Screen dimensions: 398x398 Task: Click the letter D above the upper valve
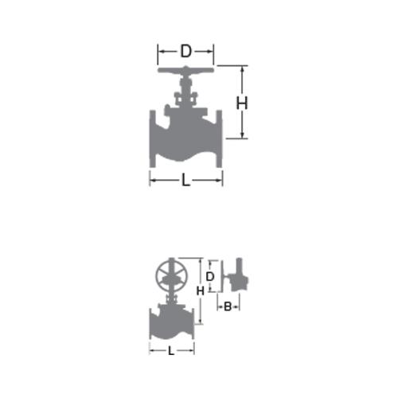[185, 51]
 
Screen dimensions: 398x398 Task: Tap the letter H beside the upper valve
[242, 103]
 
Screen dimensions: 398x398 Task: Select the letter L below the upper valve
[185, 181]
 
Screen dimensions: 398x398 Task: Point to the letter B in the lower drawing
[228, 306]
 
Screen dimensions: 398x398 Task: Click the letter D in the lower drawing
[210, 277]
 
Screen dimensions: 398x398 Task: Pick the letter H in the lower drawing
[201, 291]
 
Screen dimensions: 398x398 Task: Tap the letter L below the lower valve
[171, 351]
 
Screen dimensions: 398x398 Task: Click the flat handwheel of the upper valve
[185, 70]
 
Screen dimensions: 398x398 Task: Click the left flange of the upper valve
[152, 139]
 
